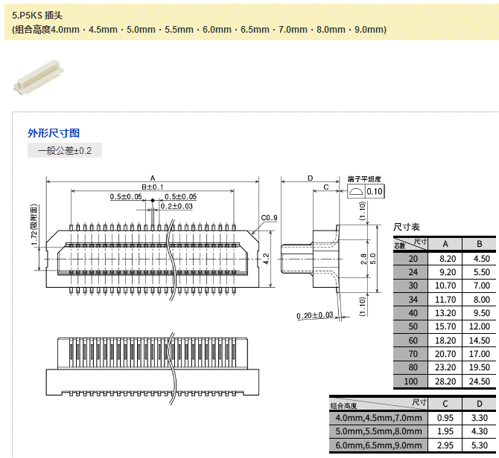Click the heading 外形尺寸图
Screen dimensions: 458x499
tap(54, 133)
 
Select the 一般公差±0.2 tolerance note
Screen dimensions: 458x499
tap(65, 151)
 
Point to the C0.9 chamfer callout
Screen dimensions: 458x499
tap(269, 218)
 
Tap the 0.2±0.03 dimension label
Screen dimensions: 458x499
tap(177, 206)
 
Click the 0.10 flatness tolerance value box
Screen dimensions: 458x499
tap(374, 191)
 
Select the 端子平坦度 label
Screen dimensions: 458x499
tap(364, 179)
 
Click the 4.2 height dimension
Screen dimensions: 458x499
tap(266, 259)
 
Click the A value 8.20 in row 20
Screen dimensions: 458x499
tap(445, 259)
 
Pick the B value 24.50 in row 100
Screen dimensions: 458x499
tap(479, 381)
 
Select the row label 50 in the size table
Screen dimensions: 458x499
tap(412, 326)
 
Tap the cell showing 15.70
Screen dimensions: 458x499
tap(445, 326)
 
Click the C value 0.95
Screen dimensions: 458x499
tap(445, 418)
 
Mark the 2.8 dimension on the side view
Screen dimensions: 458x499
tap(363, 258)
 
